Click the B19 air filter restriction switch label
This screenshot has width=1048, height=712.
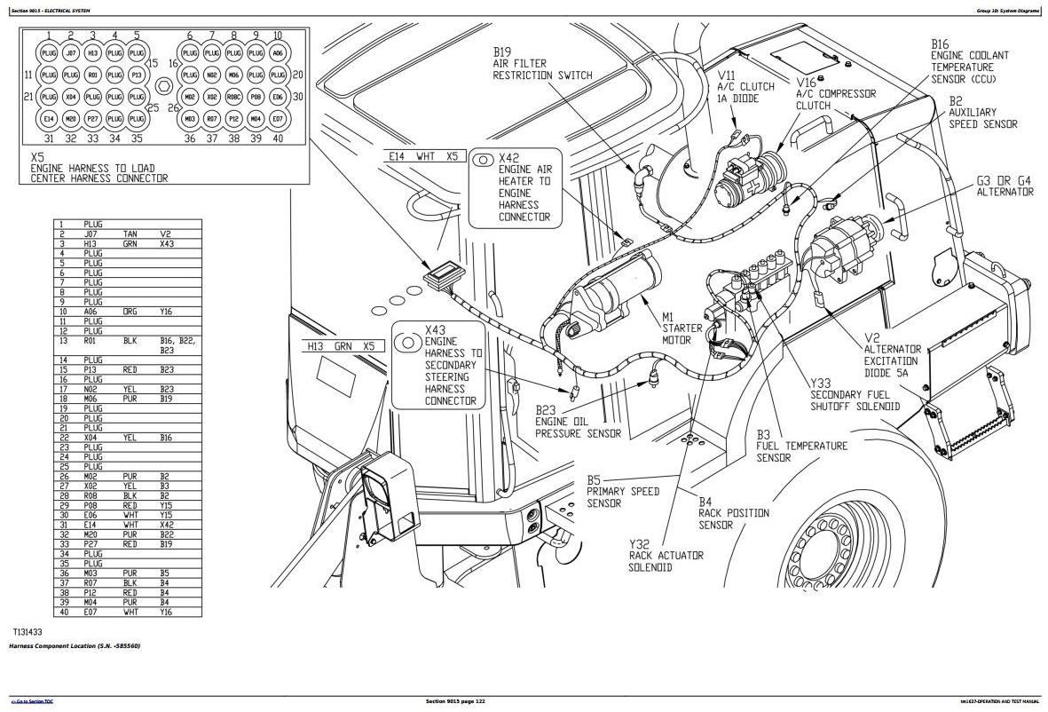543,63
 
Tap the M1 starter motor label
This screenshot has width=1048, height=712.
682,328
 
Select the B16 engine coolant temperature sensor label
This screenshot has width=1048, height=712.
969,60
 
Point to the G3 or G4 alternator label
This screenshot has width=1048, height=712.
1005,186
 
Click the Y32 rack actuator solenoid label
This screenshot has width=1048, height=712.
666,556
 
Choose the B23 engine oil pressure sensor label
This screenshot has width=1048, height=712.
578,422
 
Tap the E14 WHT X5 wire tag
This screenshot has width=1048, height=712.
423,156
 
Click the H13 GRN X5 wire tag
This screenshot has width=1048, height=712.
341,346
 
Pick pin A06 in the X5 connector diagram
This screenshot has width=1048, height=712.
278,53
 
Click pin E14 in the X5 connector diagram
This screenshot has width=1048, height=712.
49,119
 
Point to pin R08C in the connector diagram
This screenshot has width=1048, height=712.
233,98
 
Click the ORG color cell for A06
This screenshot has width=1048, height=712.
130,312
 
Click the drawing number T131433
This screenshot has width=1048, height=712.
28,632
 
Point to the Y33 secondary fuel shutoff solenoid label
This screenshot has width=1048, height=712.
854,400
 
